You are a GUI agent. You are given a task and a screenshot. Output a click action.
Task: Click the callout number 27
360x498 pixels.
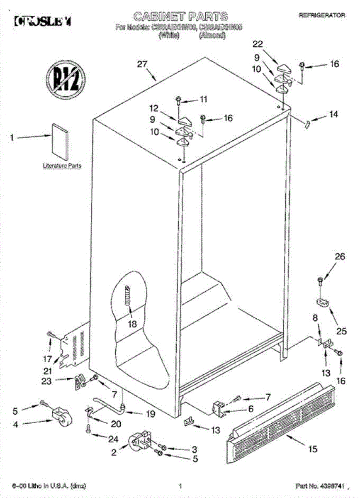(x=142, y=64)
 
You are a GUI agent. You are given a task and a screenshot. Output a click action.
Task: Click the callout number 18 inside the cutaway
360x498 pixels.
(x=132, y=324)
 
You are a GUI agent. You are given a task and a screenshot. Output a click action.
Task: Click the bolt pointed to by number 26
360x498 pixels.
(x=320, y=281)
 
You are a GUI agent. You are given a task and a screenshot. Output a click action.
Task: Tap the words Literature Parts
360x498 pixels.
(x=62, y=166)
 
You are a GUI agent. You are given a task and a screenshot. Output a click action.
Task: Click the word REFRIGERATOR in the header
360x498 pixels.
(x=322, y=15)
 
